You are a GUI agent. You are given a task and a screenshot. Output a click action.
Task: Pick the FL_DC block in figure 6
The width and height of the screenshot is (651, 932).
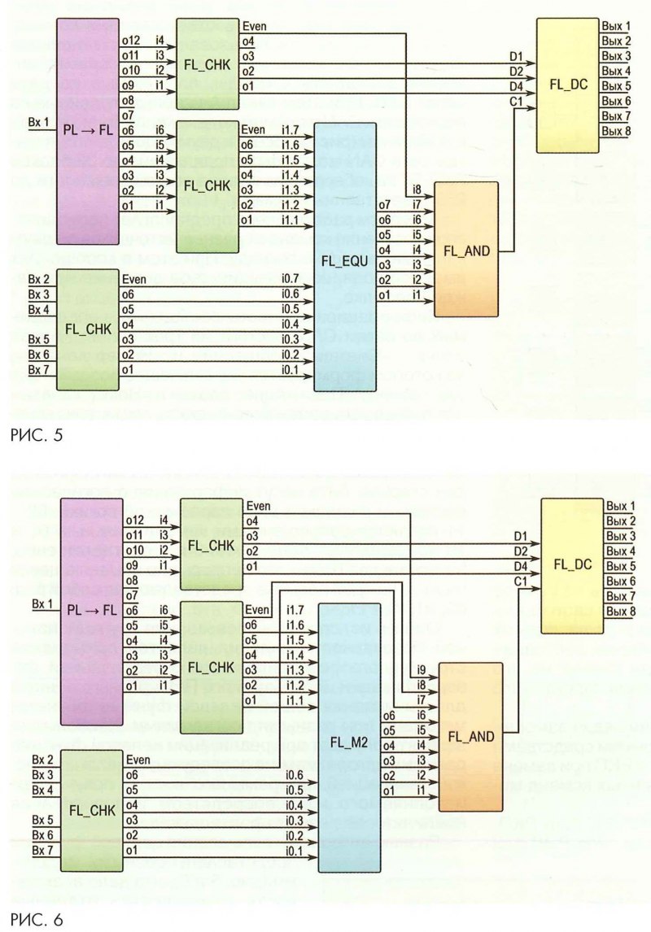(574, 564)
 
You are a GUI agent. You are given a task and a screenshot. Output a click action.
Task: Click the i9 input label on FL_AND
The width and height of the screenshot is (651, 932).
(420, 669)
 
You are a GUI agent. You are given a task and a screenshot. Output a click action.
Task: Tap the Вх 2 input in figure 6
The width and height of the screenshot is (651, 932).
(43, 760)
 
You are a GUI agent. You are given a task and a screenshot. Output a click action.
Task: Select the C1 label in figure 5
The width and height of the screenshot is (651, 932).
(516, 101)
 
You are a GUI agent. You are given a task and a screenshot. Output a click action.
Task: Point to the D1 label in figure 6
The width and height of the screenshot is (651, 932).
(521, 536)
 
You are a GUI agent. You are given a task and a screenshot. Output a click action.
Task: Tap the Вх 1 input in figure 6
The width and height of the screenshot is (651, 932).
(41, 604)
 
